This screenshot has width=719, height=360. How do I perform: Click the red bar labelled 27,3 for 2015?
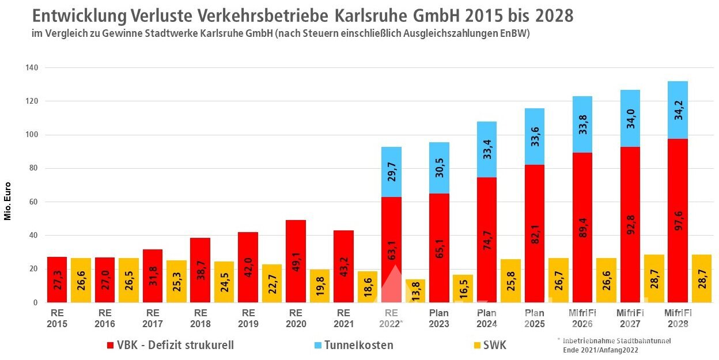point(57,279)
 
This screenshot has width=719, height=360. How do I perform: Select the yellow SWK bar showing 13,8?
point(415,291)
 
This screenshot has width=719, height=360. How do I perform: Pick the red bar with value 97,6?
point(678,220)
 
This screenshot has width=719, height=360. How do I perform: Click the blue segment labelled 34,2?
point(678,109)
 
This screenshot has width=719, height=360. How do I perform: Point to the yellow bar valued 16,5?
point(463,288)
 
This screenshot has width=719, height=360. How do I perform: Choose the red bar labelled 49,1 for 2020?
point(296,261)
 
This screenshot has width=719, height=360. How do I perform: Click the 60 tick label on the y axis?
point(34,202)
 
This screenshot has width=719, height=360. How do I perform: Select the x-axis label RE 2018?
point(200,318)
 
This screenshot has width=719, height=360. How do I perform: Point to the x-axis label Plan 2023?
point(439,318)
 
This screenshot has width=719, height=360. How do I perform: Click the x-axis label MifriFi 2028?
point(678,318)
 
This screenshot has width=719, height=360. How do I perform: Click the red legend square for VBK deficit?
point(111,345)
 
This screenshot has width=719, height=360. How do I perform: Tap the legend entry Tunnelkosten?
point(358,345)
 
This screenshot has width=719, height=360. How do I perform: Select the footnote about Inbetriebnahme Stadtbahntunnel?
point(614,345)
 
